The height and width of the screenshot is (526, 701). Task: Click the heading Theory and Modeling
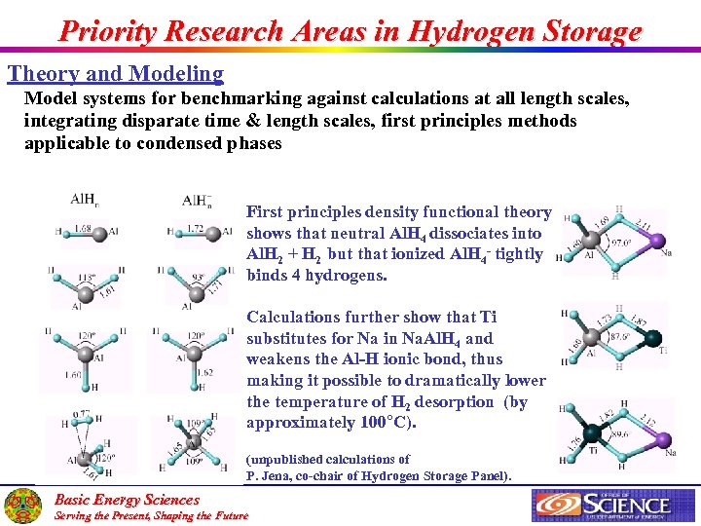(x=116, y=74)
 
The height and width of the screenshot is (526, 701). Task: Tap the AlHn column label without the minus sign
(x=84, y=200)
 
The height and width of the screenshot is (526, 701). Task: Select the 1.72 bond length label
(x=195, y=230)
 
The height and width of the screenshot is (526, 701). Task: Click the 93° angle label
(x=196, y=278)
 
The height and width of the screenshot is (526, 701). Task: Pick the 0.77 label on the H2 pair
(x=80, y=414)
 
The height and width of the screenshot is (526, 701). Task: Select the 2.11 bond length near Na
(x=644, y=223)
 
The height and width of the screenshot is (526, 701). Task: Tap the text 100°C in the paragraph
(x=393, y=423)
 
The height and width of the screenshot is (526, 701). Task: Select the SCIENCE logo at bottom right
(x=602, y=505)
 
